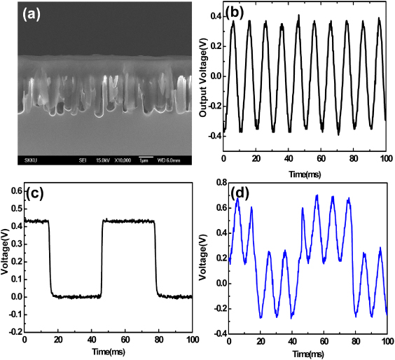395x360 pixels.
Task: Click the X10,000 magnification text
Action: tap(120, 160)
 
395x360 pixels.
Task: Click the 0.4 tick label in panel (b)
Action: tap(214, 15)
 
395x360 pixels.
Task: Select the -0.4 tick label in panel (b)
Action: tap(213, 137)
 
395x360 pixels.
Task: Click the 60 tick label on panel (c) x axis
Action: tap(125, 340)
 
